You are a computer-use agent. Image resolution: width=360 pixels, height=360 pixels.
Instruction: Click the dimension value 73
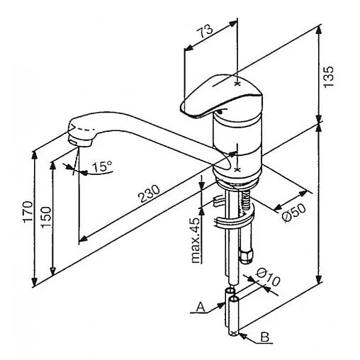point(205,31)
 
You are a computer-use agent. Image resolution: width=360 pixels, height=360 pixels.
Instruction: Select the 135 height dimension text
point(329,77)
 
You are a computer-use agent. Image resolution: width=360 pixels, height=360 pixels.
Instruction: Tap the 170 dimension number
point(28,211)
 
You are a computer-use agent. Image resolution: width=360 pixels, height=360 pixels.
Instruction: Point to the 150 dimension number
point(45,218)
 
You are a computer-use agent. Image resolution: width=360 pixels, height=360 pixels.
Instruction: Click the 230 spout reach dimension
point(150,193)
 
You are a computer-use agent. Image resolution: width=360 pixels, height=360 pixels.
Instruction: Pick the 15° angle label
point(102,167)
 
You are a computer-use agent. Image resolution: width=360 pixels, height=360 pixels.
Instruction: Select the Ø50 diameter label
point(294,213)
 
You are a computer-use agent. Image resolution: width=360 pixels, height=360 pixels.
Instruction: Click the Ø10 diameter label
point(269,277)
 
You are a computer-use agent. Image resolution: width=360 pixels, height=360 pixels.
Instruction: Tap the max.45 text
point(196,240)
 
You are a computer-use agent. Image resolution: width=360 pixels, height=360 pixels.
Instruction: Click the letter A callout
point(201,308)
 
